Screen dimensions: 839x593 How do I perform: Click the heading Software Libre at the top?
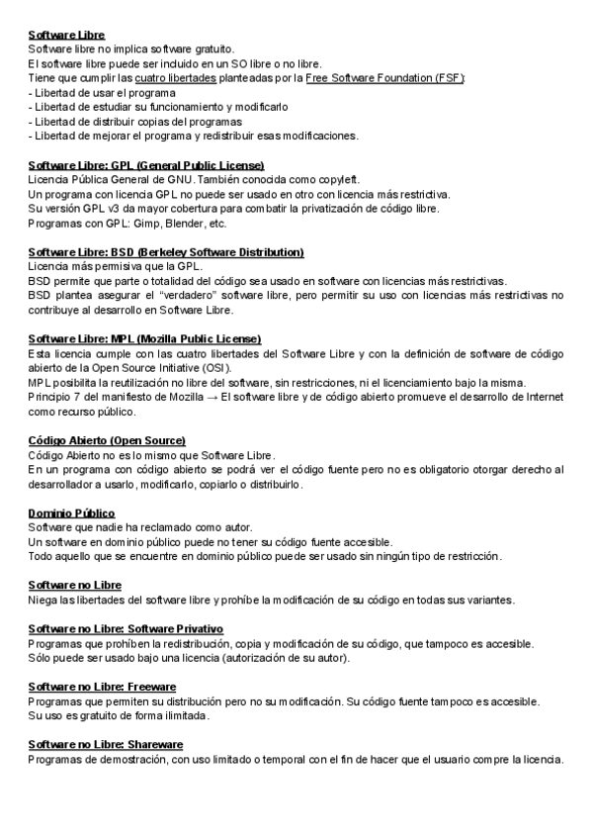[x=66, y=34]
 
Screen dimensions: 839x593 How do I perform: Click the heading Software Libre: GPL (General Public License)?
[x=146, y=164]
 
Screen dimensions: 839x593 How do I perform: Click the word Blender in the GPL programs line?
[x=165, y=223]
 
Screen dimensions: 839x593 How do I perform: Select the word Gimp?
[x=130, y=223]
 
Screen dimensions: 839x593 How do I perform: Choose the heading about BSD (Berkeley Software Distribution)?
[x=166, y=251]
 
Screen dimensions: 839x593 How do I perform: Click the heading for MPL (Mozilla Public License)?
[x=144, y=338]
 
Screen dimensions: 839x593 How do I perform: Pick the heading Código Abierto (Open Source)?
[x=107, y=440]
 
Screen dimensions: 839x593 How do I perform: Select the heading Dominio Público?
[x=72, y=513]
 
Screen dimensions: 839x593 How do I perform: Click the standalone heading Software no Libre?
[x=75, y=585]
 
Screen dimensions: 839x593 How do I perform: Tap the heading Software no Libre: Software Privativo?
[x=126, y=628]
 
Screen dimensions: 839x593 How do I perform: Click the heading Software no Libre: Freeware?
[x=103, y=686]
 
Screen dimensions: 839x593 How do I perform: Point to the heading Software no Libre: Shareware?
[x=106, y=744]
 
